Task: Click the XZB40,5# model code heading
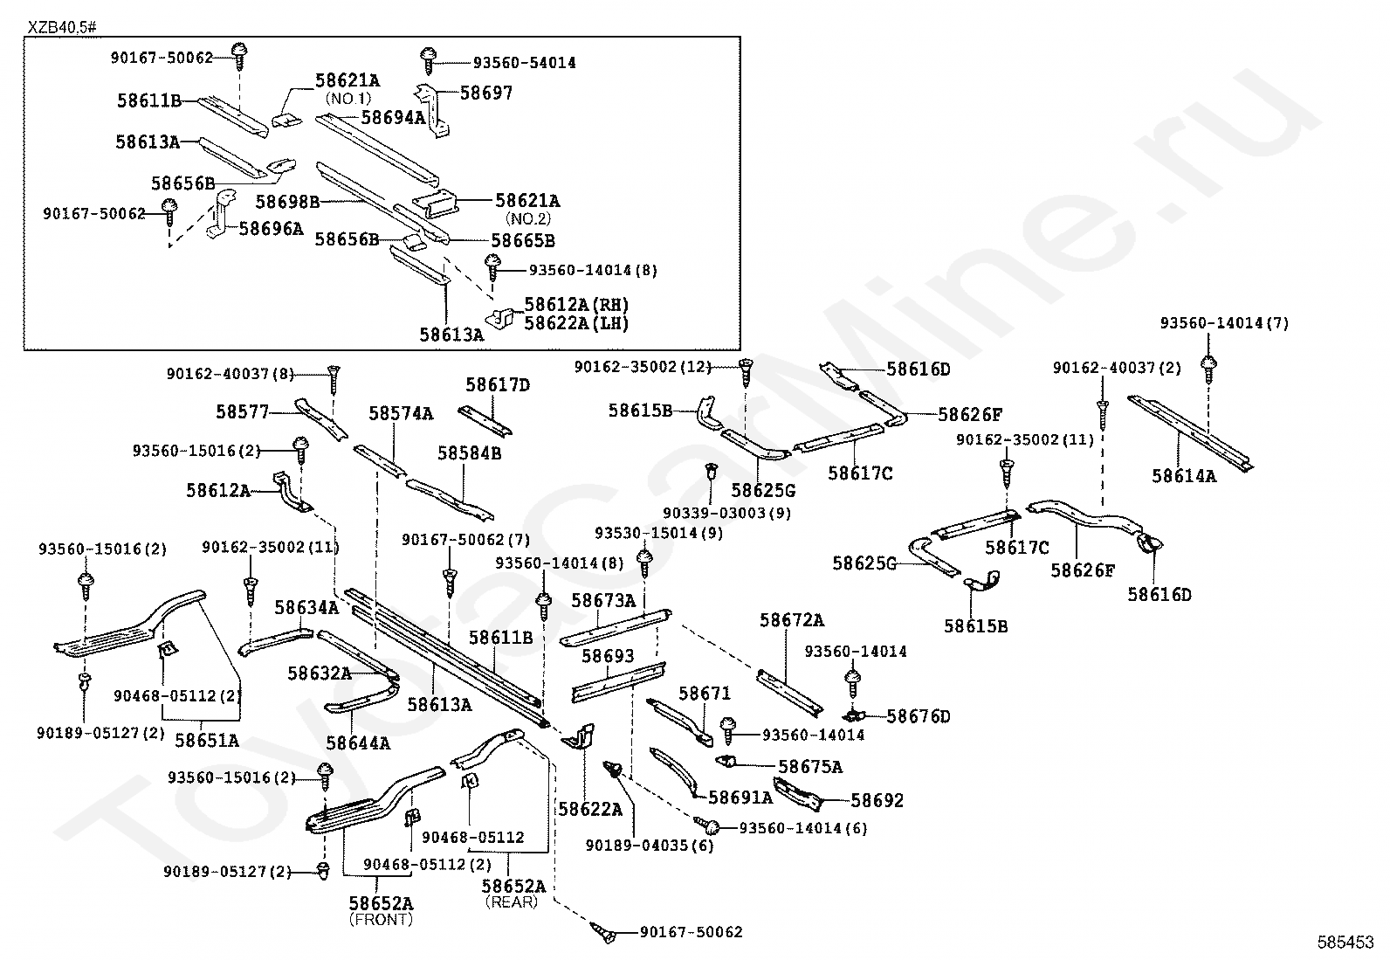61,27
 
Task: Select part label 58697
486,93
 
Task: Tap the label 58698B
287,202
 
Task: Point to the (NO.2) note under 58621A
527,218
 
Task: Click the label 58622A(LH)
576,323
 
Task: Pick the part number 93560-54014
525,63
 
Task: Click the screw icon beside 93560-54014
428,60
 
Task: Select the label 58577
243,412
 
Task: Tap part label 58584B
469,453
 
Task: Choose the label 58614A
1184,476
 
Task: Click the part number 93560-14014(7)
1224,323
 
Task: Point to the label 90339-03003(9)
726,514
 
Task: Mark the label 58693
608,656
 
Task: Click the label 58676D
918,716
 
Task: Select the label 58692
877,800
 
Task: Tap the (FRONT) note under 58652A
381,920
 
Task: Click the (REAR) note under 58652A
512,901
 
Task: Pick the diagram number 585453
1346,942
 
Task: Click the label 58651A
207,741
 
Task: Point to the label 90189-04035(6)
650,846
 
